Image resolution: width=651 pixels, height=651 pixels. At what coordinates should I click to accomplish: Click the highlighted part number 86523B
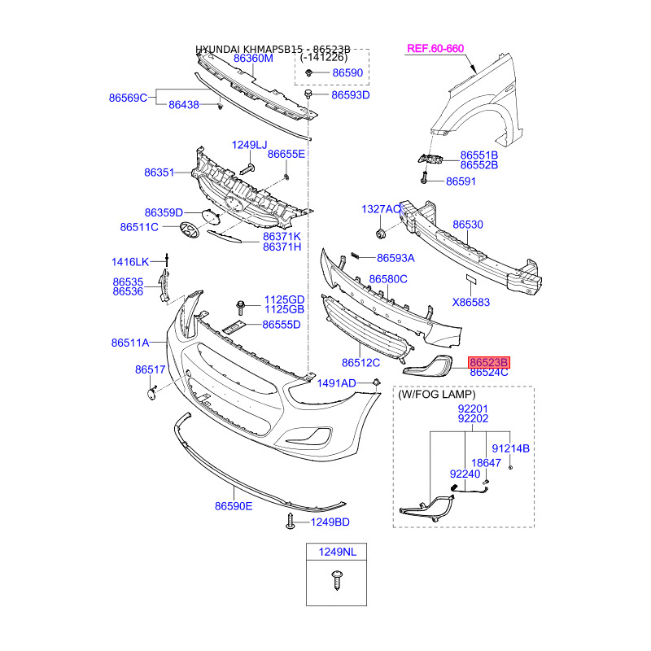click(488, 362)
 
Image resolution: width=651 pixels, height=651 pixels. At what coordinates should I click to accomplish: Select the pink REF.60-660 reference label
click(435, 49)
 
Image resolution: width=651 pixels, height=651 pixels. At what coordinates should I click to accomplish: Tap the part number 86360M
click(253, 59)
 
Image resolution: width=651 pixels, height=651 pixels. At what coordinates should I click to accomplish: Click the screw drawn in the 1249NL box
click(336, 580)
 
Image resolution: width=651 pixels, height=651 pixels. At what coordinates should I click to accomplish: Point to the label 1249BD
click(330, 522)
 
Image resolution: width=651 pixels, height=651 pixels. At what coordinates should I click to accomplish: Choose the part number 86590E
click(234, 506)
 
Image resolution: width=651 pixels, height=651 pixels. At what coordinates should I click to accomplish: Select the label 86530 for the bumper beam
click(468, 224)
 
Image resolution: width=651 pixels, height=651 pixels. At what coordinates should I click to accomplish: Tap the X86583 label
click(471, 302)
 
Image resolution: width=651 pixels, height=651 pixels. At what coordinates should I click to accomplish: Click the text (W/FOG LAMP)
click(436, 394)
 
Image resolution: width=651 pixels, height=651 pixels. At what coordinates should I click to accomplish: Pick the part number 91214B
click(512, 448)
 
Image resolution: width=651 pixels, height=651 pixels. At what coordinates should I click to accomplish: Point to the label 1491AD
click(336, 383)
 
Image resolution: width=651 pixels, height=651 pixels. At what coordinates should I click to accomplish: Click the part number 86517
click(151, 370)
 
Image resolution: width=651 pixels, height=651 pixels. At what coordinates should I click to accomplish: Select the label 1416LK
click(130, 262)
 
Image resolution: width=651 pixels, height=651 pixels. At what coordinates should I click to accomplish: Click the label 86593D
click(350, 95)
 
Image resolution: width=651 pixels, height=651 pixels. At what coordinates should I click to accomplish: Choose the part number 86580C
click(387, 279)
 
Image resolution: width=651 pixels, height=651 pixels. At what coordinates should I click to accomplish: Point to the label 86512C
click(360, 363)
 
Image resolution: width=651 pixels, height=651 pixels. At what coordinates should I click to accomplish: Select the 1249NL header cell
click(336, 552)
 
